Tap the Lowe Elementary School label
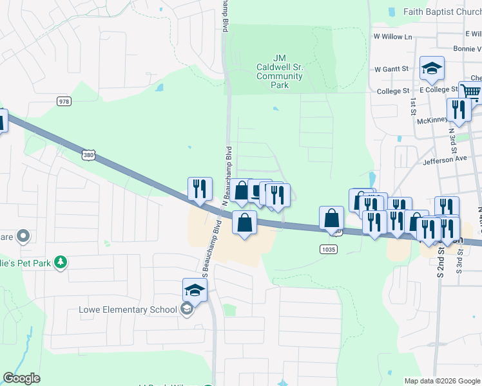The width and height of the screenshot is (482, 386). point(128,309)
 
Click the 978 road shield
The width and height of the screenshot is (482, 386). point(64,101)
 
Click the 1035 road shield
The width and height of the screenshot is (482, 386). point(328,248)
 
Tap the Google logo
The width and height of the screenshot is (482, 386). point(21,378)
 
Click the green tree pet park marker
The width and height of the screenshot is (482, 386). point(61,262)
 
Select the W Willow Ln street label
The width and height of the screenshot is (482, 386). point(393,37)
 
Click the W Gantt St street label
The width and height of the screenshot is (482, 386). point(392,68)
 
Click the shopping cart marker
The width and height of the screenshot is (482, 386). point(470,93)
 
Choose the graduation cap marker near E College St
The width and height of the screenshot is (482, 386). point(432,68)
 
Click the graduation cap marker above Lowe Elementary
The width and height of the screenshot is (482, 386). point(195,290)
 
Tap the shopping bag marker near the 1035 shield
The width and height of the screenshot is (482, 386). point(332,218)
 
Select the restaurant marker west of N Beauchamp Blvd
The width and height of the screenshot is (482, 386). point(200,188)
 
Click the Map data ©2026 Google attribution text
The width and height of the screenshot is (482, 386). point(441,381)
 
